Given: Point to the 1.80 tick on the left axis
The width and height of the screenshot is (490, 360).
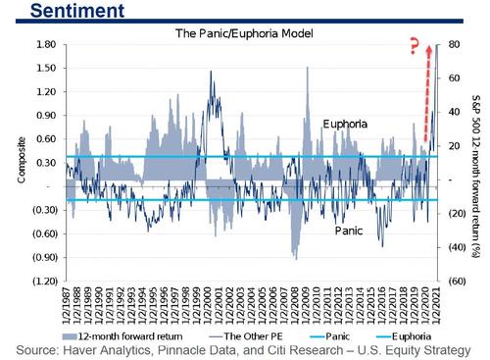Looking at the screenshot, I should point(44,45).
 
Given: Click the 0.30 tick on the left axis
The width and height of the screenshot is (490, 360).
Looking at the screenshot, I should point(44,163).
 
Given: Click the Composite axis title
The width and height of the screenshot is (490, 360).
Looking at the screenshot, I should point(9,163).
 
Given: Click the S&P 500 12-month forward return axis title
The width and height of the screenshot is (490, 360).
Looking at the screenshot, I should point(477,162).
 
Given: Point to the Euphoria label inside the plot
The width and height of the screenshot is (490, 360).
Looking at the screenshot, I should point(347,126).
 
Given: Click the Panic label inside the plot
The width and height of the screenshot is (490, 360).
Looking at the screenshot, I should point(350,231).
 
